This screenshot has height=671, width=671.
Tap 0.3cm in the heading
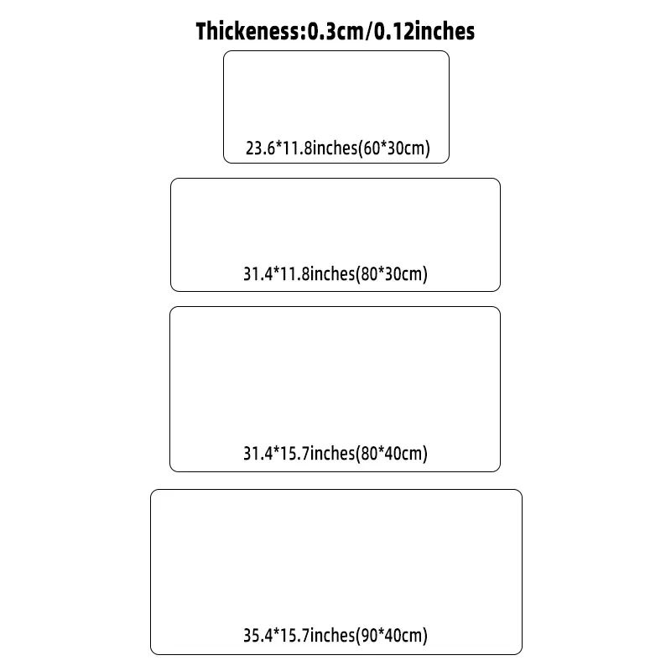coord(335,31)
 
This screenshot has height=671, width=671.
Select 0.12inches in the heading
coord(424,31)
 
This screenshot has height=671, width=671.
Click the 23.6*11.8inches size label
coord(301,148)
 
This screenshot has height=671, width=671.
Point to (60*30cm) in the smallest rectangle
coord(393,148)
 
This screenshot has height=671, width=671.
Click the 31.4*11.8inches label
coord(299,274)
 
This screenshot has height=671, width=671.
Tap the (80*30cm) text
coord(392,274)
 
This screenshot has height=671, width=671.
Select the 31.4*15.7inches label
coord(299,453)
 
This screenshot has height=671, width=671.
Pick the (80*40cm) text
coord(392,453)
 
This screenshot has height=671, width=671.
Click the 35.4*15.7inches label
coord(299,636)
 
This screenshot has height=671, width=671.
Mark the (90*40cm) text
coord(392,636)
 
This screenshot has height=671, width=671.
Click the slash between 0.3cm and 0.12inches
coord(369,31)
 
